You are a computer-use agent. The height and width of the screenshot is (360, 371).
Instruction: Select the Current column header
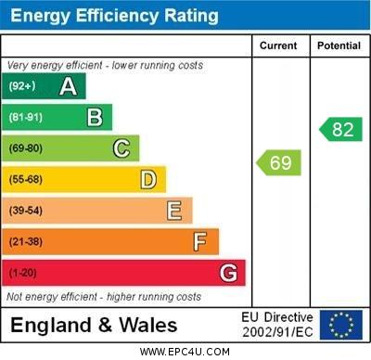pyautogui.click(x=278, y=45)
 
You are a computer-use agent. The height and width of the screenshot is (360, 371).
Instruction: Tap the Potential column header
pyautogui.click(x=339, y=45)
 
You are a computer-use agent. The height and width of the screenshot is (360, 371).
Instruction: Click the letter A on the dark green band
pyautogui.click(x=68, y=86)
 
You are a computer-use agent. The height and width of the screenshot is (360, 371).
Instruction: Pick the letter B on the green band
pyautogui.click(x=95, y=117)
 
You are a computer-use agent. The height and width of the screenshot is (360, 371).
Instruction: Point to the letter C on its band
pyautogui.click(x=121, y=148)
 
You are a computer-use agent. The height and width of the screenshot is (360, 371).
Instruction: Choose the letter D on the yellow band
pyautogui.click(x=147, y=179)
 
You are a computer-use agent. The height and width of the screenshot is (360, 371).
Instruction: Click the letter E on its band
pyautogui.click(x=173, y=211)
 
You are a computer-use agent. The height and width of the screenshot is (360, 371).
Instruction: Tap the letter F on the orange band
pyautogui.click(x=199, y=241)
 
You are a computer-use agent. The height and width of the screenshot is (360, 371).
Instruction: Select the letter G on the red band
pyautogui.click(x=227, y=273)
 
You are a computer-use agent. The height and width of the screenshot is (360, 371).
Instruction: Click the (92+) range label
pyautogui.click(x=22, y=86)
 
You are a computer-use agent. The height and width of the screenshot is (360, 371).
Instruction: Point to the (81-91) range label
pyautogui.click(x=26, y=118)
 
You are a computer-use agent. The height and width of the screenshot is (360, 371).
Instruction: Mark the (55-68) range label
pyautogui.click(x=26, y=180)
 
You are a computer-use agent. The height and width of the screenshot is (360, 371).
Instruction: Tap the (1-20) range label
pyautogui.click(x=23, y=274)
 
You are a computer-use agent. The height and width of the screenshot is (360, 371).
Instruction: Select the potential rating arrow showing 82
pyautogui.click(x=340, y=129)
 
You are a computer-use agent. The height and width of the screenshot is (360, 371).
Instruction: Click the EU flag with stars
pyautogui.click(x=341, y=325)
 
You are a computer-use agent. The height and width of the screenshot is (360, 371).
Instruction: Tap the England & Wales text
pyautogui.click(x=94, y=326)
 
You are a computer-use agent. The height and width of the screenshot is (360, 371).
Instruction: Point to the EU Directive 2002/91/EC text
pyautogui.click(x=277, y=325)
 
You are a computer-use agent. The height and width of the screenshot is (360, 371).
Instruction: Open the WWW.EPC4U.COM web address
pyautogui.click(x=185, y=352)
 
